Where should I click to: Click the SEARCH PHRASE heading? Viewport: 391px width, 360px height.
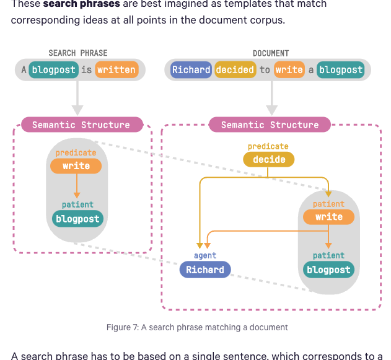(x=77, y=53)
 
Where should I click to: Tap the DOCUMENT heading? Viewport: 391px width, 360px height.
(x=270, y=53)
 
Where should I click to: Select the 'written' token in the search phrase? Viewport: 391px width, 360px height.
(x=116, y=69)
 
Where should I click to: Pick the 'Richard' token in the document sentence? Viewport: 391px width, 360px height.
(x=191, y=69)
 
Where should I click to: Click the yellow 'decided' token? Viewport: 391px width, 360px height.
(x=235, y=69)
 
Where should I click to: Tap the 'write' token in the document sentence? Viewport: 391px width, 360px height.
(x=289, y=69)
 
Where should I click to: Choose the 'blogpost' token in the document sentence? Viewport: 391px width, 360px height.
(x=340, y=69)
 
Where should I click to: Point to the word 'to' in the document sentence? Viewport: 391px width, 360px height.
(x=265, y=69)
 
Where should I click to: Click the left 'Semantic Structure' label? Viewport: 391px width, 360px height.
(x=81, y=125)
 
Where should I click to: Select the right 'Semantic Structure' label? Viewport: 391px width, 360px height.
(x=270, y=125)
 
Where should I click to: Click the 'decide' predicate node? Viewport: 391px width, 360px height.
(x=269, y=159)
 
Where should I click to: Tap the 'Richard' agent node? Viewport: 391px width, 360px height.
(x=205, y=270)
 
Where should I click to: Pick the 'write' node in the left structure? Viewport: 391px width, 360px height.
(x=76, y=165)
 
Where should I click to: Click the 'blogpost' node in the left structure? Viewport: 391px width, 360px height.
(x=77, y=218)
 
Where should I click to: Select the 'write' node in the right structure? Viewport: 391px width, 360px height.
(x=328, y=217)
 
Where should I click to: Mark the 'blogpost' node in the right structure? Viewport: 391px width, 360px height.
(x=328, y=270)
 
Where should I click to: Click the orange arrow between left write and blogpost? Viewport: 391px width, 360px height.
(x=76, y=186)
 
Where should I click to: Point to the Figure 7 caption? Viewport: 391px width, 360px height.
(x=196, y=327)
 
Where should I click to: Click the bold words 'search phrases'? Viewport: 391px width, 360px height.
(x=82, y=4)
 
